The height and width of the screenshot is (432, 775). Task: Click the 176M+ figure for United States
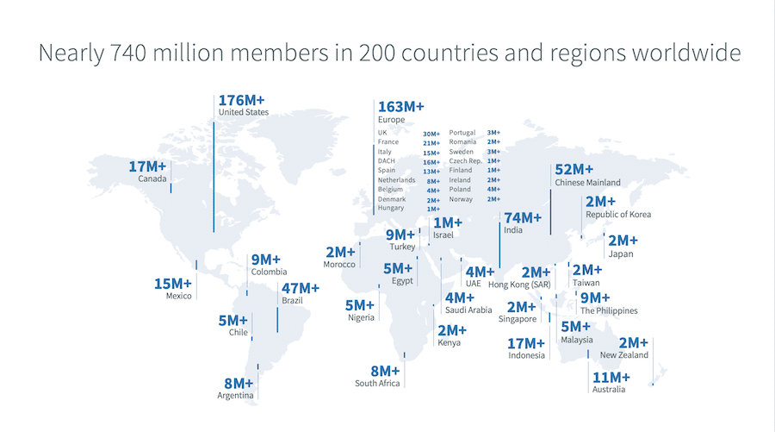243,99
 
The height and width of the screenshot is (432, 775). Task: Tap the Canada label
152,179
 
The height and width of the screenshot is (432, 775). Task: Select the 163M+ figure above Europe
401,107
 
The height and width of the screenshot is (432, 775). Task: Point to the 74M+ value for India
523,218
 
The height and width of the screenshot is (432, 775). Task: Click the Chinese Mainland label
588,183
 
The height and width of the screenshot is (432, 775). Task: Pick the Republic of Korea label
618,215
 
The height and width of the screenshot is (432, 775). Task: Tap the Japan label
621,254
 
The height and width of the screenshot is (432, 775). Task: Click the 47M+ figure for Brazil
301,288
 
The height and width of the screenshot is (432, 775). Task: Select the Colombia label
269,272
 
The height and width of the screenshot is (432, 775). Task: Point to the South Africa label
377,384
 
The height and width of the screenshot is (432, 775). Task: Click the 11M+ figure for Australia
611,378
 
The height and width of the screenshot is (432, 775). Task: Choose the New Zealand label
624,355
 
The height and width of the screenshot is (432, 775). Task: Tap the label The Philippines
609,310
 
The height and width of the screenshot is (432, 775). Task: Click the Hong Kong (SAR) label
519,285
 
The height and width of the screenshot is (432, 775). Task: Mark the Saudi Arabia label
468,310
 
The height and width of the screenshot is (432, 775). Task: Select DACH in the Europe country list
386,161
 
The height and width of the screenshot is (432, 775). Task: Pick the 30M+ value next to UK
431,134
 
